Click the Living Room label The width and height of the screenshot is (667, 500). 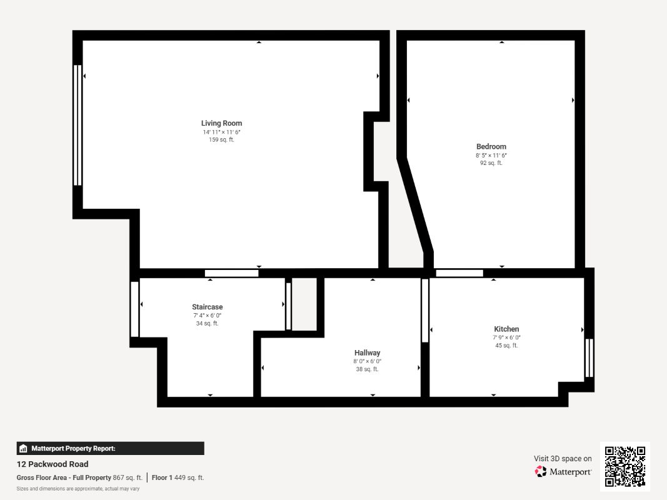(x=222, y=123)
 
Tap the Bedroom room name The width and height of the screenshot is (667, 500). (x=491, y=147)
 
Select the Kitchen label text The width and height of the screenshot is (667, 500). (x=506, y=329)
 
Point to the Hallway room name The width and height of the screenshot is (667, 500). (x=367, y=353)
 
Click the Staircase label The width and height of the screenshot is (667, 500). (x=207, y=307)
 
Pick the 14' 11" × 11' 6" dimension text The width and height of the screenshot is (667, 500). (x=222, y=132)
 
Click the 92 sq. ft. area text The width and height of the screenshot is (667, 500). (x=491, y=163)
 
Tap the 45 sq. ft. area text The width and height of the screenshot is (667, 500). (x=506, y=345)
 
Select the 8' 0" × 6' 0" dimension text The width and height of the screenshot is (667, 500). (x=367, y=361)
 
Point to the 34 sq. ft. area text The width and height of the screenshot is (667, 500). (x=207, y=323)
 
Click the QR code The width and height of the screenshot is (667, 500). (x=625, y=466)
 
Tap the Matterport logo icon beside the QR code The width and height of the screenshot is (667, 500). (x=541, y=471)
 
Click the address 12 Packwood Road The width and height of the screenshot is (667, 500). (x=53, y=464)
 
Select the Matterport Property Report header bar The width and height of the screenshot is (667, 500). (x=110, y=448)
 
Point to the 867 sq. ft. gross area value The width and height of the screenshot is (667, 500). (x=128, y=477)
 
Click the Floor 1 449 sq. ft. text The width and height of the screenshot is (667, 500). (x=178, y=477)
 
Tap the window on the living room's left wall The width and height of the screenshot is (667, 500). (x=78, y=125)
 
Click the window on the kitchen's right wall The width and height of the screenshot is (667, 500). (x=589, y=357)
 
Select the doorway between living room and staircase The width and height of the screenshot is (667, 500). (x=231, y=273)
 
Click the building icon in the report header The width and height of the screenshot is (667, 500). (x=23, y=449)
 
